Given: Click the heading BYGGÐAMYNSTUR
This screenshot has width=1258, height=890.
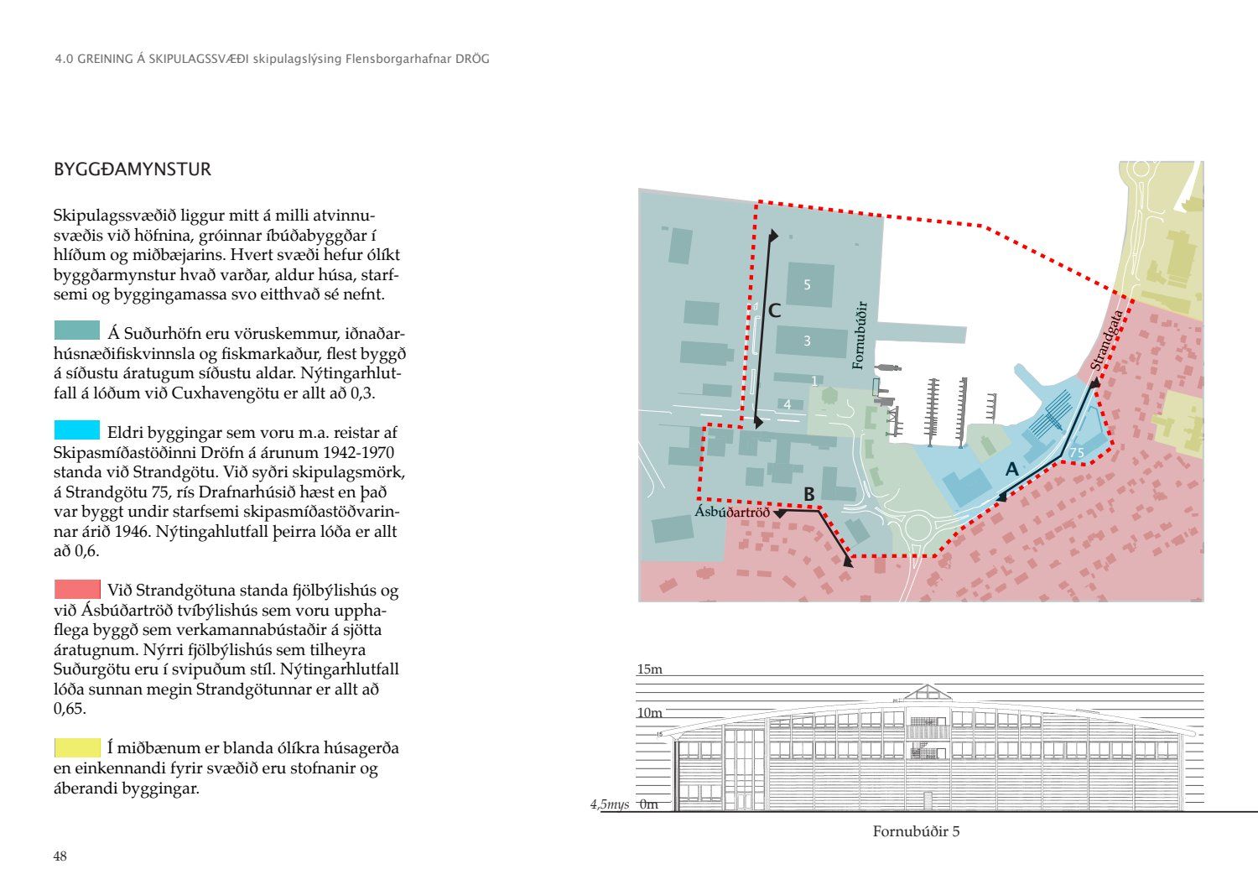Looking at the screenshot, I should [x=133, y=169].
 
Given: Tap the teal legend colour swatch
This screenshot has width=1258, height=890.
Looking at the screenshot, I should [x=76, y=330].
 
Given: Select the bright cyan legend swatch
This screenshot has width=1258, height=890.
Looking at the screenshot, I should [x=76, y=429].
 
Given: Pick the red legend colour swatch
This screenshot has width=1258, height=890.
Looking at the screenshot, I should [x=76, y=588].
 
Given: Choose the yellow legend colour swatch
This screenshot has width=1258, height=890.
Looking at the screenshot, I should [x=76, y=747].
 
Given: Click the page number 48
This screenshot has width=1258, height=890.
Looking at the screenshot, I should [x=60, y=856].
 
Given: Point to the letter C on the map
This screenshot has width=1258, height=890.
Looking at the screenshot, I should [x=774, y=311].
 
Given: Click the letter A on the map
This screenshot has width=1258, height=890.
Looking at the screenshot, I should [x=1011, y=470].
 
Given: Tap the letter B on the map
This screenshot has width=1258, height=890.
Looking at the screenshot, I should [x=809, y=495].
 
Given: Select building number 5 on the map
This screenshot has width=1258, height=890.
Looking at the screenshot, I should [x=808, y=285].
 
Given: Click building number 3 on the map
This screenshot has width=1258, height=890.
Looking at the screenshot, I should [x=808, y=341].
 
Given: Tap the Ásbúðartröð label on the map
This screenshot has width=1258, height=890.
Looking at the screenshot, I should [x=731, y=512].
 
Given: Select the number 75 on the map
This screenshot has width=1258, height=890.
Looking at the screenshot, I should [x=1077, y=453].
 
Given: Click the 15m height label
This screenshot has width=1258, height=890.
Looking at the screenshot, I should [x=650, y=669].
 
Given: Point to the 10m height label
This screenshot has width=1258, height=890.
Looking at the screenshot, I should [x=650, y=713].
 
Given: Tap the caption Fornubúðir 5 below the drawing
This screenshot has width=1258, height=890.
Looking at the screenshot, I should [x=916, y=832].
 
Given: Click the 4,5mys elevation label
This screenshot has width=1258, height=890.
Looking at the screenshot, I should [x=610, y=804].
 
